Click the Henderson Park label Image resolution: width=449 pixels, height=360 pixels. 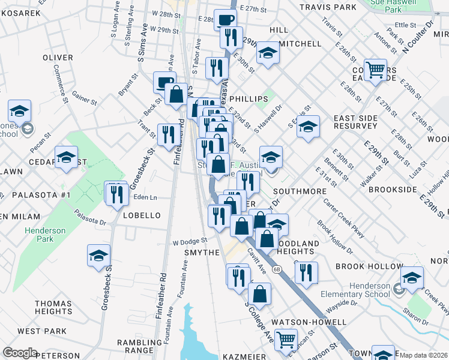(x=39, y=235)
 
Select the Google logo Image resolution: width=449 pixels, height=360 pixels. (x=20, y=353)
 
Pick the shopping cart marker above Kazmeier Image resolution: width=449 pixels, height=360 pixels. (x=286, y=340)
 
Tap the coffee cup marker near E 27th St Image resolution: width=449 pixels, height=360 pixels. (x=226, y=20)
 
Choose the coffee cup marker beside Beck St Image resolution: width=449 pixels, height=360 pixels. (x=164, y=82)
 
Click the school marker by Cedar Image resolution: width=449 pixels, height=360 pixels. (x=66, y=158)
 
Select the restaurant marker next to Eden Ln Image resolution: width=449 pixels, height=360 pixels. (x=116, y=193)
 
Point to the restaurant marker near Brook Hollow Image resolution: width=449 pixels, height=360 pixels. (x=306, y=273)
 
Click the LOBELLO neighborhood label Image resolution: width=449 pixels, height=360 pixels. (x=141, y=215)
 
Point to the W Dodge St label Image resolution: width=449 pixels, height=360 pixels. (x=189, y=241)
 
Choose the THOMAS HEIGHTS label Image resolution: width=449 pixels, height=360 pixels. (x=53, y=308)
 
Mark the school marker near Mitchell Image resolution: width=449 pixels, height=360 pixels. (x=267, y=53)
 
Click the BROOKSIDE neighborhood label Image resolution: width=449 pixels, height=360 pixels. (x=393, y=190)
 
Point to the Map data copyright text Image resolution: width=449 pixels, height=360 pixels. (x=424, y=355)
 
